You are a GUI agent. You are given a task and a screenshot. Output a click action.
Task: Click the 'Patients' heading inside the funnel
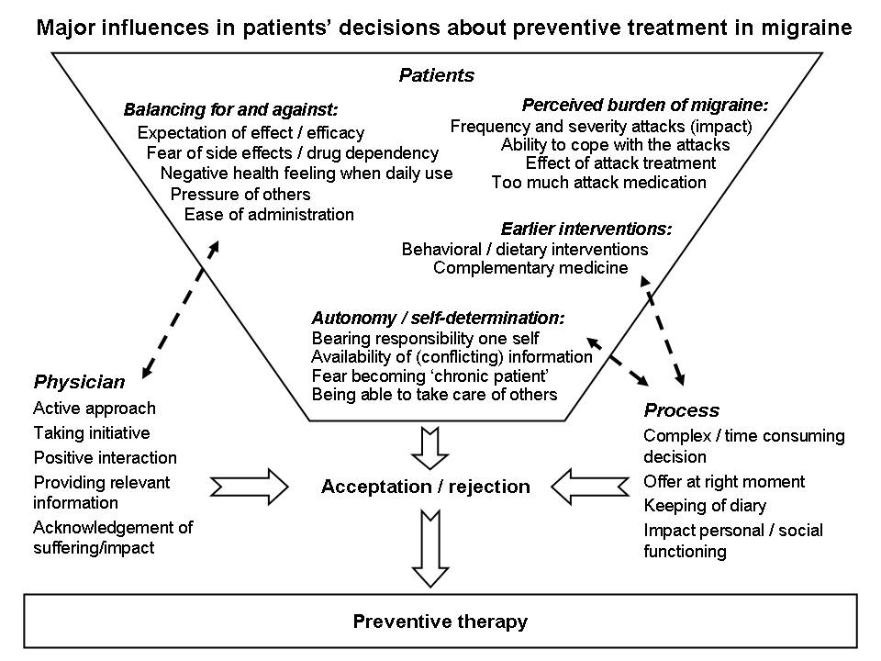click(x=437, y=75)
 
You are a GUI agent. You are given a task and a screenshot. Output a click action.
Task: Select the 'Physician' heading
click(x=79, y=382)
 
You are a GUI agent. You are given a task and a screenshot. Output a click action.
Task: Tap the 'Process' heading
click(x=682, y=410)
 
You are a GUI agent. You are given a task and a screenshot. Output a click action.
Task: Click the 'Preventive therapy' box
click(x=440, y=622)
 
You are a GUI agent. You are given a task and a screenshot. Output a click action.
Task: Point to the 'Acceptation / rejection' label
click(x=426, y=487)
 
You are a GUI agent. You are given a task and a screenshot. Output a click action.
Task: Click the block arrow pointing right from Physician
click(x=249, y=487)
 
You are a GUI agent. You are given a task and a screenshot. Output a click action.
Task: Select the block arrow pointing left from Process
click(x=590, y=487)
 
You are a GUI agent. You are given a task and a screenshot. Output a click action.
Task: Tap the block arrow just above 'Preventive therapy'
click(x=430, y=549)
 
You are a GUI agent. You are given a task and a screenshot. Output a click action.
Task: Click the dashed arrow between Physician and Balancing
click(x=181, y=309)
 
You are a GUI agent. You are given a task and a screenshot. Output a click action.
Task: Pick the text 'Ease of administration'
click(x=269, y=214)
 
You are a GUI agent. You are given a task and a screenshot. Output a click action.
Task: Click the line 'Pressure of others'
click(x=240, y=194)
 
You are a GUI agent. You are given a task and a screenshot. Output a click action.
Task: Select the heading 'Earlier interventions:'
click(x=586, y=229)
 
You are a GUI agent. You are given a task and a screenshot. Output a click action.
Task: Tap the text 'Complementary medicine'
click(x=530, y=267)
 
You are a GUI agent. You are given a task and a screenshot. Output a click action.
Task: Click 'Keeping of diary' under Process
click(x=705, y=506)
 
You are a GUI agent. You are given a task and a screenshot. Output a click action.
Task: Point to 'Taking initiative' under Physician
click(x=92, y=432)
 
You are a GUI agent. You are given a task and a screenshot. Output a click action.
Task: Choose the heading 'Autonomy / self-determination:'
click(x=439, y=319)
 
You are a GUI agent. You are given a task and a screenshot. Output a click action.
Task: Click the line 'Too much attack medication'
click(x=599, y=182)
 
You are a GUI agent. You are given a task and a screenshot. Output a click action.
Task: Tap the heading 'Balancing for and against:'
click(x=231, y=109)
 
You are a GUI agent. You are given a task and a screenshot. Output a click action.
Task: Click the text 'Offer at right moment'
click(x=724, y=482)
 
